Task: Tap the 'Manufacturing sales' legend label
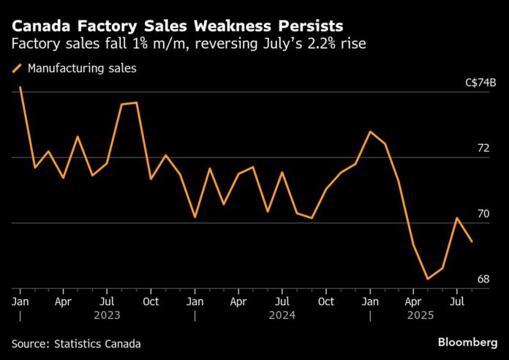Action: [x=82, y=69]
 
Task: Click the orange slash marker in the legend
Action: [x=16, y=69]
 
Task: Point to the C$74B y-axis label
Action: [x=481, y=83]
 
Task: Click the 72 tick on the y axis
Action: [x=483, y=148]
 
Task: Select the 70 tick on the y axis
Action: [x=483, y=214]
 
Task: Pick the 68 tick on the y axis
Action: [x=483, y=279]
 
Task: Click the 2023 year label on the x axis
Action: [x=107, y=315]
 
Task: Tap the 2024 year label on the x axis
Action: [x=282, y=315]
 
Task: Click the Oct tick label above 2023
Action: [x=151, y=301]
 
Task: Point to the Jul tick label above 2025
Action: [x=459, y=301]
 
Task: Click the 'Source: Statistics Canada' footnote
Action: [x=76, y=343]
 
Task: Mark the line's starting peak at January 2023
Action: [x=20, y=86]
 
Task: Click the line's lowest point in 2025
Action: [x=428, y=279]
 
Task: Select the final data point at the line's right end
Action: [x=472, y=241]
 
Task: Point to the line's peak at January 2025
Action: [x=371, y=132]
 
